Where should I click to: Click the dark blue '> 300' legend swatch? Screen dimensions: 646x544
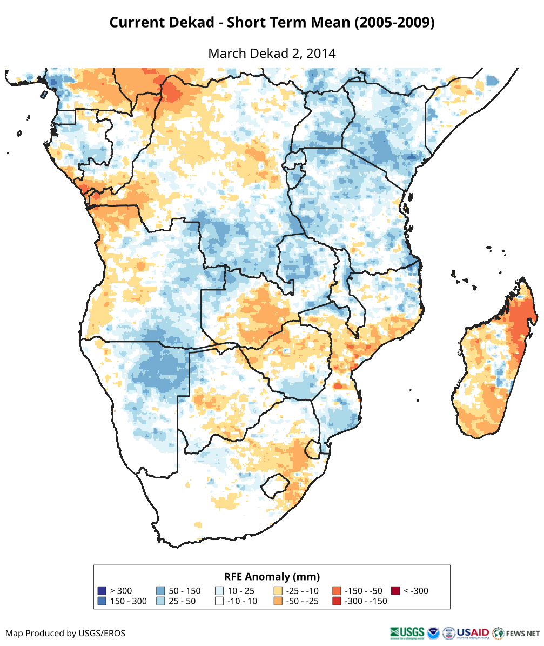point(101,591)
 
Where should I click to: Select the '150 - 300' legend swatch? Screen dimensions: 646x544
point(101,601)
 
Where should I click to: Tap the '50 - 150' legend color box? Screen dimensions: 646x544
point(160,591)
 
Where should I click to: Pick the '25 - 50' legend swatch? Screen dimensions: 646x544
point(160,601)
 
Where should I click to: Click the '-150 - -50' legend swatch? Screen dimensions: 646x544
point(336,591)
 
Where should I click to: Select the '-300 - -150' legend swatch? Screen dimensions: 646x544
point(336,601)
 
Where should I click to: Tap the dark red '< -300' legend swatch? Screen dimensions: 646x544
point(395,591)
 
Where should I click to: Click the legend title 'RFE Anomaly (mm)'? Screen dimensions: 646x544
point(272,576)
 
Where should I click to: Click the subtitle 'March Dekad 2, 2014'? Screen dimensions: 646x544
point(272,54)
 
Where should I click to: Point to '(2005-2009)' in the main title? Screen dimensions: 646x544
point(396,23)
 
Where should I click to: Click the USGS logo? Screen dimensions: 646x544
point(407,632)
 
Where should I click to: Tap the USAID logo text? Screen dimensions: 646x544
point(473,632)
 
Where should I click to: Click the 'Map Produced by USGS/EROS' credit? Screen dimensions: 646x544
point(65,633)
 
